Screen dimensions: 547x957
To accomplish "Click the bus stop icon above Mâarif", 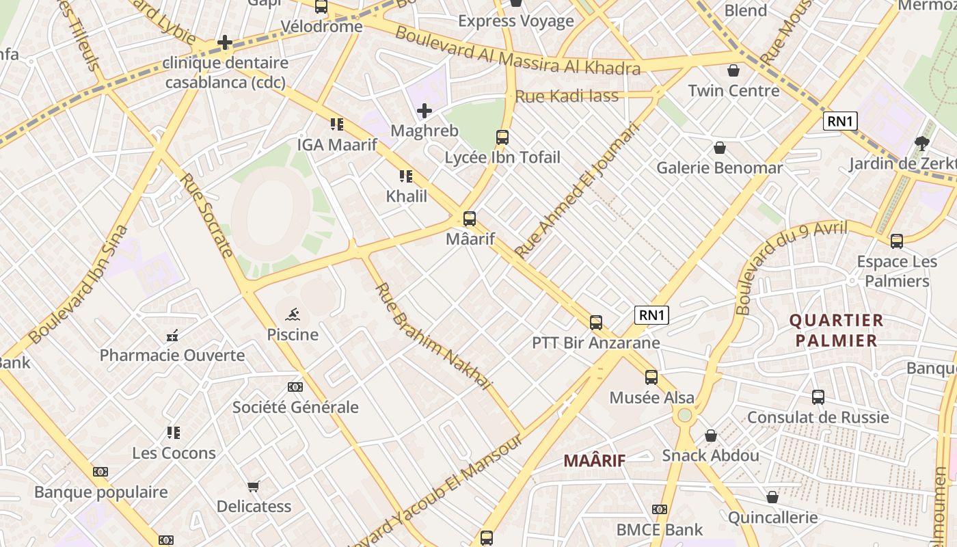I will click(470, 219).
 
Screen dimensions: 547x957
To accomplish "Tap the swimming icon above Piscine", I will click(293, 315).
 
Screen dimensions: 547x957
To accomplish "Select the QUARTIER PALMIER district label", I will click(836, 330).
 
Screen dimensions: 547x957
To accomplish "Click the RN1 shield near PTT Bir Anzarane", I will click(651, 315).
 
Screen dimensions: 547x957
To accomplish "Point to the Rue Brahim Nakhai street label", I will click(433, 337).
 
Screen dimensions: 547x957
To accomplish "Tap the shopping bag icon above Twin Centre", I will click(733, 70).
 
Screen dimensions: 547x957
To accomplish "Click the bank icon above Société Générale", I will click(295, 387).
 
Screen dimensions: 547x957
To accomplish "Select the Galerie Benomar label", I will click(719, 168).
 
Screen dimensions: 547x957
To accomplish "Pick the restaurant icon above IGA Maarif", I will click(336, 124).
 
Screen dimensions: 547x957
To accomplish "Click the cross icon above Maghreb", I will click(424, 110).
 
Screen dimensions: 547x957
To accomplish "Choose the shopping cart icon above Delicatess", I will click(254, 486).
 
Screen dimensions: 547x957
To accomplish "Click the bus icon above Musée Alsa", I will click(651, 377).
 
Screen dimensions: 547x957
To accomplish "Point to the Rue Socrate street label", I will click(207, 215).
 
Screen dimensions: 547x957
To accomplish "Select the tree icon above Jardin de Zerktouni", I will click(921, 143).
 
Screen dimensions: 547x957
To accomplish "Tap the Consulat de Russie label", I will click(818, 417).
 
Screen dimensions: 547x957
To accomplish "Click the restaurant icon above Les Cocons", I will click(174, 433).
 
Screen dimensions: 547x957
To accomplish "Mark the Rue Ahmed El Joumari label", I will click(577, 191).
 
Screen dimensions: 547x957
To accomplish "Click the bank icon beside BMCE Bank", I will click(660, 509).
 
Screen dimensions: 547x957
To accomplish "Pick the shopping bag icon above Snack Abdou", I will click(711, 436).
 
